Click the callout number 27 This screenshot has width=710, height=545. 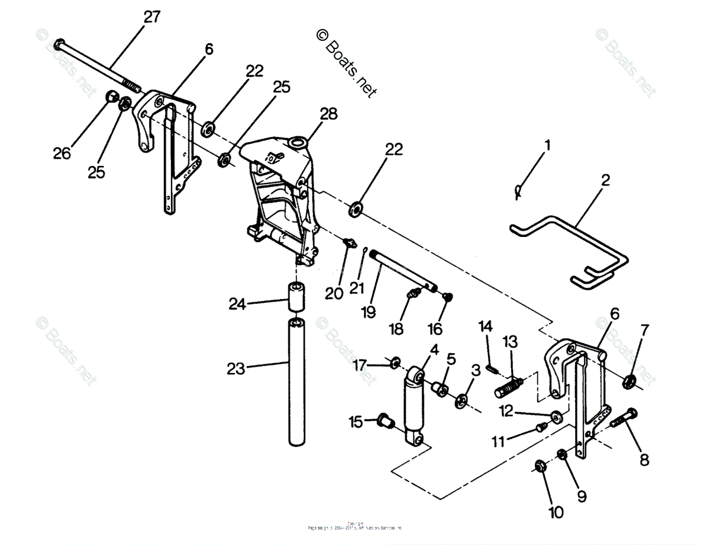[x=151, y=17]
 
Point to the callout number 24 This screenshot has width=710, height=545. [x=237, y=304]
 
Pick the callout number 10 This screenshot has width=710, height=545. [x=556, y=512]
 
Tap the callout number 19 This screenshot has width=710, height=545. [x=369, y=312]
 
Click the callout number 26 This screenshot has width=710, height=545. [x=61, y=153]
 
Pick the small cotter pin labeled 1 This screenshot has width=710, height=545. [x=518, y=190]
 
